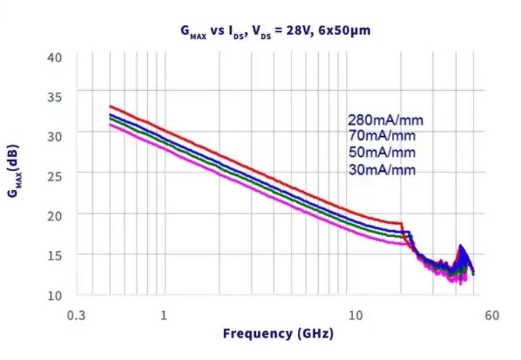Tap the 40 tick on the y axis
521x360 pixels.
click(x=54, y=57)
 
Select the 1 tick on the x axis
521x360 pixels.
click(x=163, y=315)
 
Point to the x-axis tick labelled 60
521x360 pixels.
click(x=491, y=315)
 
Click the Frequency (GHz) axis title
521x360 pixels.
click(x=278, y=333)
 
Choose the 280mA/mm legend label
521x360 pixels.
click(x=385, y=120)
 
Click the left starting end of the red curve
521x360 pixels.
click(x=110, y=106)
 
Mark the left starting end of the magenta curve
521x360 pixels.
click(x=110, y=124)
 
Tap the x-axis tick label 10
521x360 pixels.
click(x=356, y=315)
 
